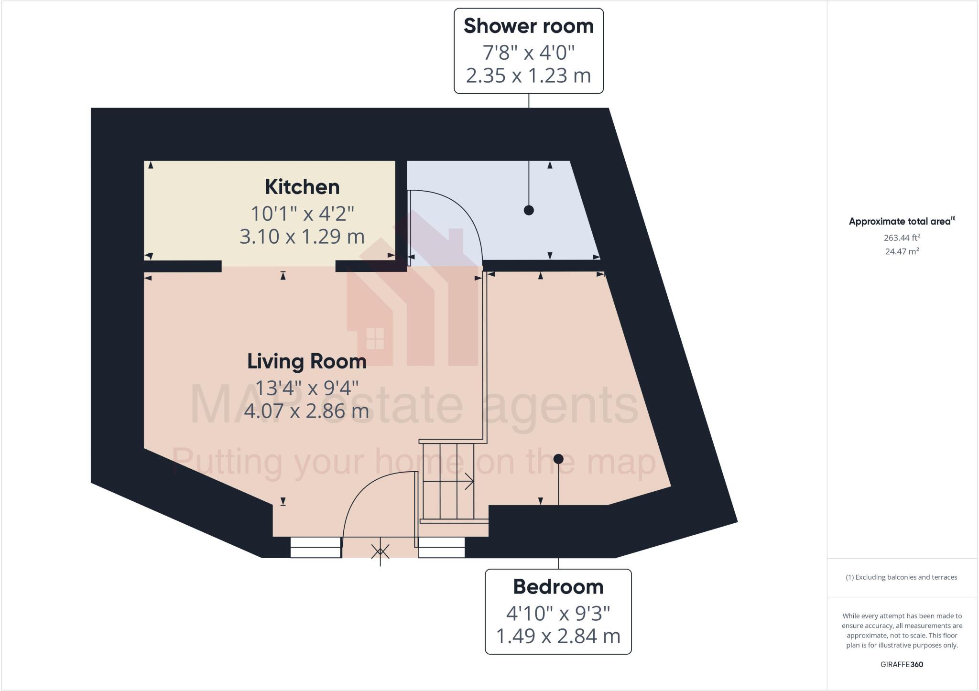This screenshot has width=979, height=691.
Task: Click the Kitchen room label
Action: (302, 187)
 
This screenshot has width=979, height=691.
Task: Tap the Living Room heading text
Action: (306, 361)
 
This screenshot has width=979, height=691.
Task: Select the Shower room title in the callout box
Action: (528, 26)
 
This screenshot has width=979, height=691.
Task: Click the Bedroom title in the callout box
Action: (558, 587)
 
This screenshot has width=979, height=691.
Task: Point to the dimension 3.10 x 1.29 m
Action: (302, 237)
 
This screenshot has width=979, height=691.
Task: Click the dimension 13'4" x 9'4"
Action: (306, 388)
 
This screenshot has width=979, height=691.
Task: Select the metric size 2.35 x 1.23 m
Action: (528, 76)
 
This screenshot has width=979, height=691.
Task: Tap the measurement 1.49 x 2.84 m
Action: (558, 636)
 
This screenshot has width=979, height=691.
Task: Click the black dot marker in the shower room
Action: (528, 210)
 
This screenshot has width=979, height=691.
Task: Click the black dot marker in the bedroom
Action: (558, 459)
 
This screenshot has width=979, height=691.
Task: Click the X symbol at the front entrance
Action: (381, 552)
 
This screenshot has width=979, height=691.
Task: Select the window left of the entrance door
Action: (315, 548)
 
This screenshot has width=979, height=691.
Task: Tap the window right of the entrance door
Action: (442, 548)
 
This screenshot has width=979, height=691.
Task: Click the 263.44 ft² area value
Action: (902, 238)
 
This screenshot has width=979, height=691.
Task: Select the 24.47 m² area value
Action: (902, 251)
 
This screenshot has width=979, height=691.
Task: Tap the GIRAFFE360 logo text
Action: (902, 664)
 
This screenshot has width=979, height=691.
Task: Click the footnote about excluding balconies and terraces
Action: (902, 577)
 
